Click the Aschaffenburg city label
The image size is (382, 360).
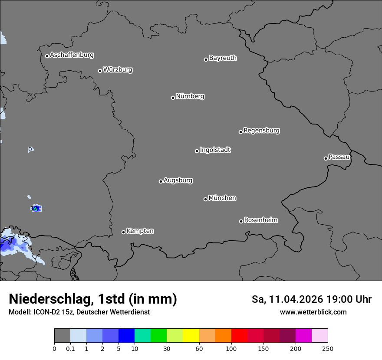coord(72,55)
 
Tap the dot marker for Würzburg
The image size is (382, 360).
coord(100,71)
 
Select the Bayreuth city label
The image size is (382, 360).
coord(223,58)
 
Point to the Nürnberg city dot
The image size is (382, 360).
coord(173,98)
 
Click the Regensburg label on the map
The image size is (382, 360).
coord(261,131)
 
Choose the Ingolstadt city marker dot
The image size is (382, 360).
coord(197,151)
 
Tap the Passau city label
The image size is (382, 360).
coord(339,157)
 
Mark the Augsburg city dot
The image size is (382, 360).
coord(161,181)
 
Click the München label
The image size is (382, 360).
coord(222,198)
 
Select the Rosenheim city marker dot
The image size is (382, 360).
coord(241,221)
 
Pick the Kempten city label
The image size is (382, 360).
coord(140,231)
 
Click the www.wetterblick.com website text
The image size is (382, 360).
coord(313,312)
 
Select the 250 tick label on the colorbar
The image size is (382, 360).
coord(328,348)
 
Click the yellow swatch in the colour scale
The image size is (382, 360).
coord(191,336)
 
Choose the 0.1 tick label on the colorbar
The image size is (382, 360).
coord(70,348)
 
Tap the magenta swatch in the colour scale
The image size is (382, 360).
coord(303,336)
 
